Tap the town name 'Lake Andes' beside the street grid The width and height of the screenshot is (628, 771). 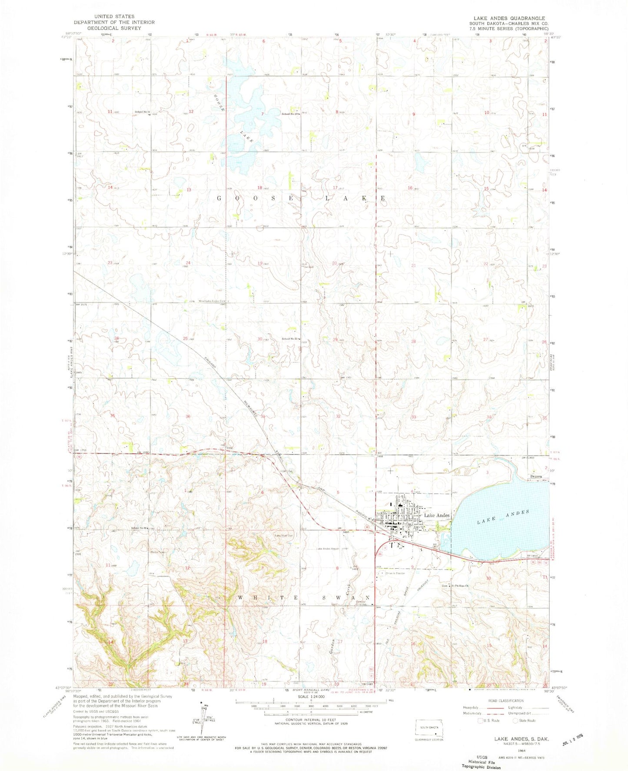pos(436,515)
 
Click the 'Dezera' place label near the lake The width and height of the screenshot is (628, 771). pos(537,476)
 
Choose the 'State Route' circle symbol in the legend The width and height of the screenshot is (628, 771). pos(516,721)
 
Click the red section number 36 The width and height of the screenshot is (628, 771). pos(188,416)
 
